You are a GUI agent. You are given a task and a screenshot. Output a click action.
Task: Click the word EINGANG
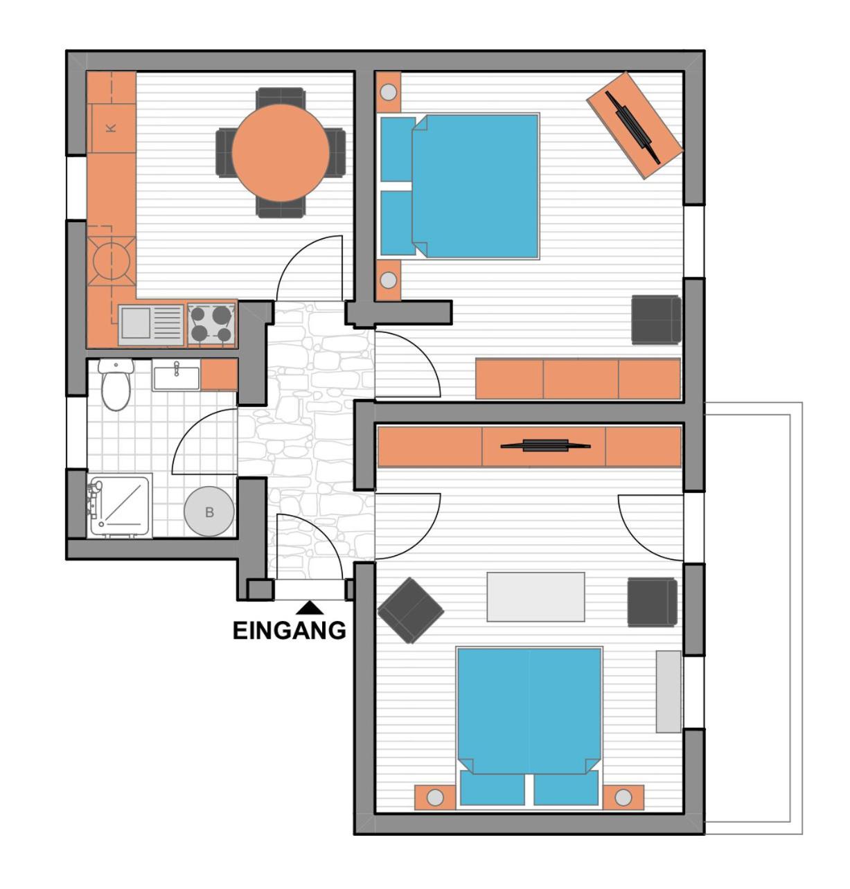coord(289,630)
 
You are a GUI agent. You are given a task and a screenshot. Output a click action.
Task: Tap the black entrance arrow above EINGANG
coord(310,607)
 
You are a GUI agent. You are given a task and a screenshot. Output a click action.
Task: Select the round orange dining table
coord(281,153)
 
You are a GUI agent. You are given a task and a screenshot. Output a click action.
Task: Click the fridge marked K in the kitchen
coord(111,127)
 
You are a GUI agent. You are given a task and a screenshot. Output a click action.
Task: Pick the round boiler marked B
coord(209,513)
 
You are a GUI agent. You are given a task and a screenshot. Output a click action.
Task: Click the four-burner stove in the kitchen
coord(211,324)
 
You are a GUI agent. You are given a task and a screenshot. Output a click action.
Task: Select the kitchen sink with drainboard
coord(150,324)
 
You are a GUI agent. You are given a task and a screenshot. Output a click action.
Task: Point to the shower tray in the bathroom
coord(120,506)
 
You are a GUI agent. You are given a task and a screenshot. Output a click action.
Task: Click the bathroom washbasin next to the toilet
coord(176,377)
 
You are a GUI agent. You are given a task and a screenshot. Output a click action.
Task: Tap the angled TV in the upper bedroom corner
coord(634,125)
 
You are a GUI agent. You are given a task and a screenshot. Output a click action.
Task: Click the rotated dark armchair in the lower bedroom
coord(410,610)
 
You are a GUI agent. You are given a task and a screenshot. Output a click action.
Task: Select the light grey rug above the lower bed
coord(535,597)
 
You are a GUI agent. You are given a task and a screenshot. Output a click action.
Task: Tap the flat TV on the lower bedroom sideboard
coord(545,445)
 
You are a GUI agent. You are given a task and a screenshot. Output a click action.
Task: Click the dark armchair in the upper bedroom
coord(655,319)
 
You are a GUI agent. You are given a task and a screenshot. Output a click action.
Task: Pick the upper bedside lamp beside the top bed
coord(389,91)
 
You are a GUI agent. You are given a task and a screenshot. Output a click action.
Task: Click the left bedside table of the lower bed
coord(435,798)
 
